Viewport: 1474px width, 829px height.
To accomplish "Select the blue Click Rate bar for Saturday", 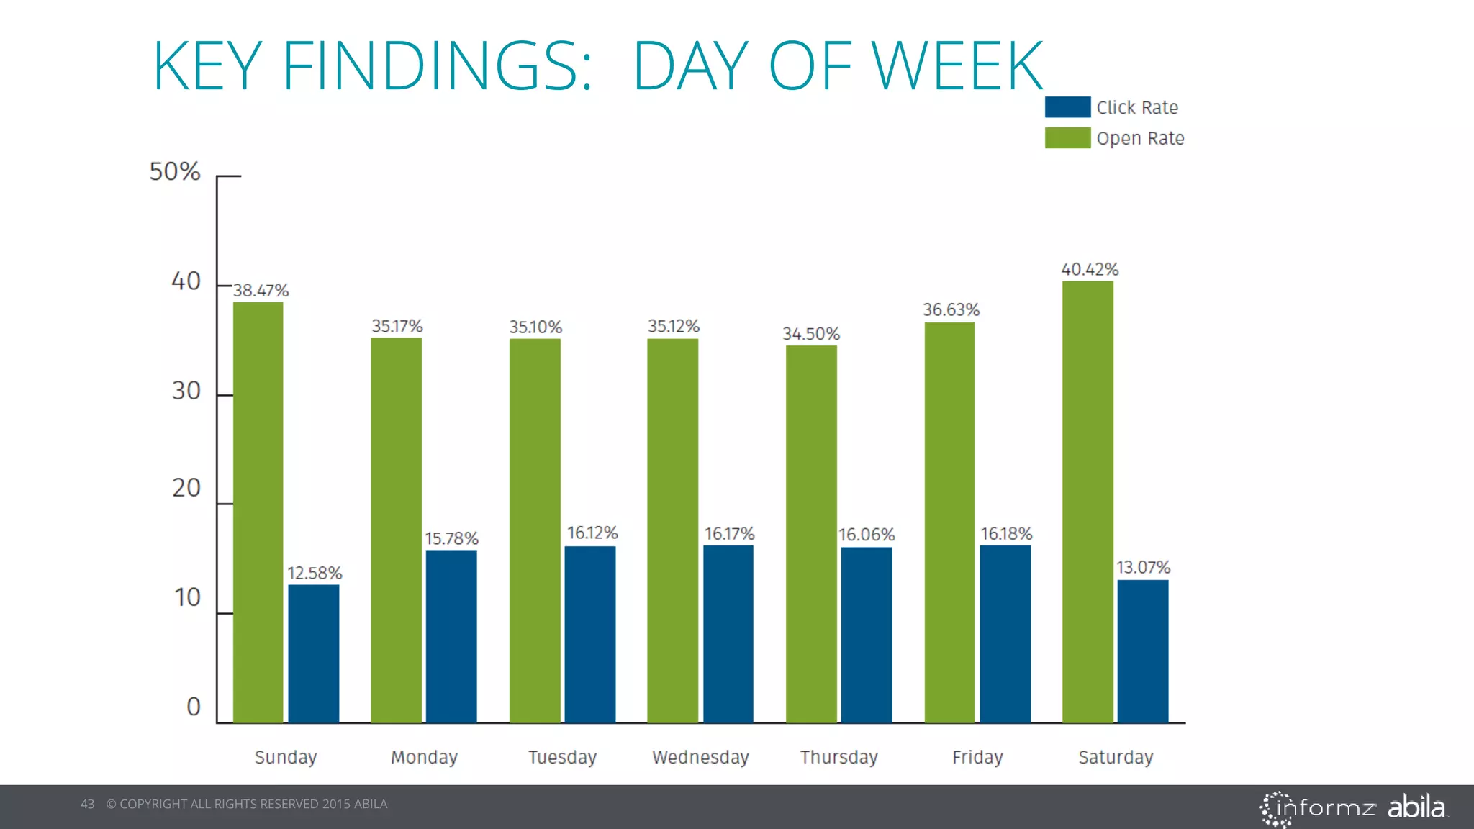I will [x=1142, y=651].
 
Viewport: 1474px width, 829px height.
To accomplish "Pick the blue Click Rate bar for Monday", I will [x=451, y=636].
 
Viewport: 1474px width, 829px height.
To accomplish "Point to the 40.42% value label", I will [x=1090, y=270].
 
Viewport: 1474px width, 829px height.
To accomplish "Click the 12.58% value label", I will [x=315, y=574].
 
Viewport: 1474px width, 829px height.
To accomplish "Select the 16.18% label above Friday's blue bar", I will [x=1006, y=534].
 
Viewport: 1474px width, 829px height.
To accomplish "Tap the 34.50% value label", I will [x=811, y=334].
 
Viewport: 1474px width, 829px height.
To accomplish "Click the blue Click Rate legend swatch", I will [x=1067, y=107].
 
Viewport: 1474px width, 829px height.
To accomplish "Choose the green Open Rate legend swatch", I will [x=1067, y=138].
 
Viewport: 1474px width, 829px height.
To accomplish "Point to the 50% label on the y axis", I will [x=175, y=172].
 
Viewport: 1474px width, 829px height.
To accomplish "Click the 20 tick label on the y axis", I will [x=186, y=488].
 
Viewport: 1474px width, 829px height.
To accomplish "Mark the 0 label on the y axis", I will [x=194, y=707].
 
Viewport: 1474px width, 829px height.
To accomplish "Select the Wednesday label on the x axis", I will [x=700, y=757].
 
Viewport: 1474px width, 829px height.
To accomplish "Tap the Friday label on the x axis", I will [x=977, y=757].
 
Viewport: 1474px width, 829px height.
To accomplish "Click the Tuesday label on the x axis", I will [x=562, y=757].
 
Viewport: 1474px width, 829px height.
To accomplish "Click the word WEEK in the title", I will [x=957, y=66].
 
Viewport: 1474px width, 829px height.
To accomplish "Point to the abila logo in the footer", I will [x=1416, y=807].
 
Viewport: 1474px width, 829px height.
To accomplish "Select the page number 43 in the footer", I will [x=87, y=804].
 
